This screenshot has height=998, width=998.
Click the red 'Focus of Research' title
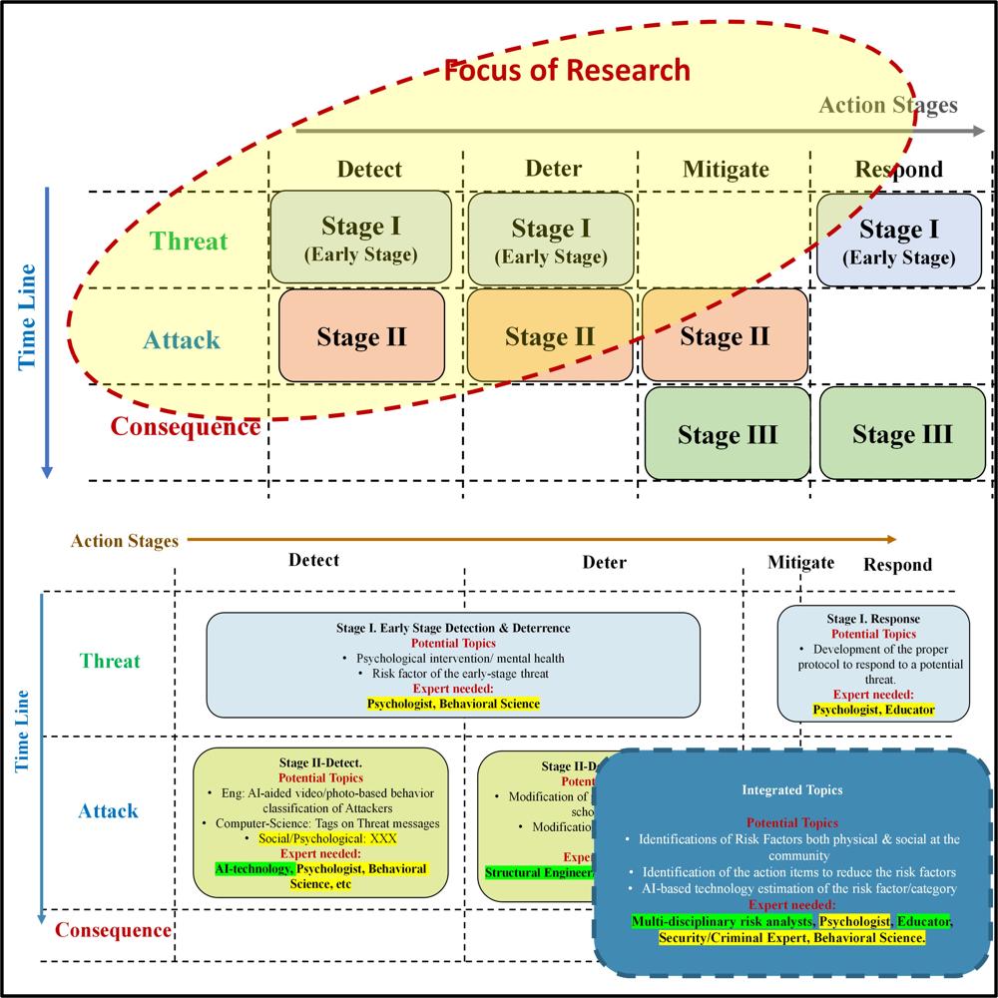[x=567, y=71]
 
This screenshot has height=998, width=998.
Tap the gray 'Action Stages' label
[x=888, y=105]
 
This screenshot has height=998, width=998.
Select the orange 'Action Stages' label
[x=124, y=541]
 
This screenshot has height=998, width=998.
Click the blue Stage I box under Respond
[x=899, y=241]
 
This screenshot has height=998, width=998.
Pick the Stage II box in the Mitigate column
[x=724, y=336]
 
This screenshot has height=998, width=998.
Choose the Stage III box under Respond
[x=902, y=434]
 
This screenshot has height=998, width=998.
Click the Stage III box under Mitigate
[x=728, y=434]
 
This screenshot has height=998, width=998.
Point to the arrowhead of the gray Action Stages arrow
[x=977, y=130]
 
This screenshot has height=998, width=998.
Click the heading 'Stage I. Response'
[x=873, y=619]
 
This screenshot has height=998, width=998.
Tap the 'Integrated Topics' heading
[x=791, y=789]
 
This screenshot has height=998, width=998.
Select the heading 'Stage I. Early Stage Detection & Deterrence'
[x=453, y=628]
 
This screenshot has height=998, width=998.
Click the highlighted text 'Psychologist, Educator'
[x=873, y=710]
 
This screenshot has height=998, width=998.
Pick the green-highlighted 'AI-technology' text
[x=253, y=869]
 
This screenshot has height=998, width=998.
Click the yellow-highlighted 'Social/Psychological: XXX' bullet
[x=327, y=838]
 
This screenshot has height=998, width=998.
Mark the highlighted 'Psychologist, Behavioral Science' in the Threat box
[x=453, y=704]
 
